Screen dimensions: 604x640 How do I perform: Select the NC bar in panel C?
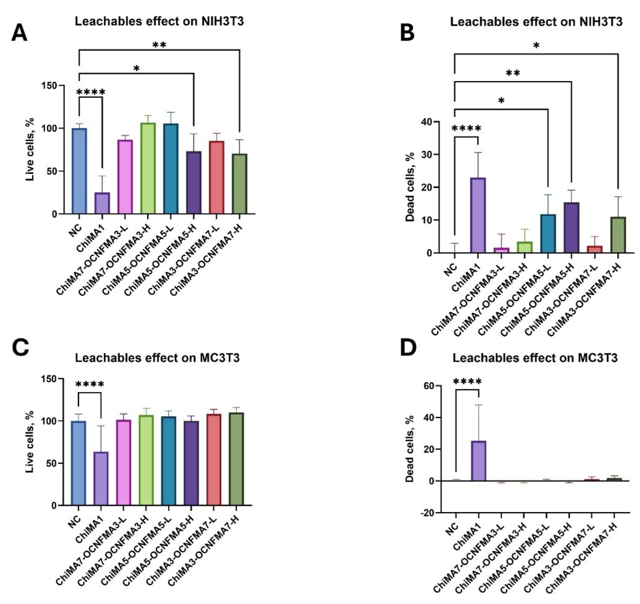(x=78, y=464)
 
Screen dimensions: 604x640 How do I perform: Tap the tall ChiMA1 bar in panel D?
(x=479, y=461)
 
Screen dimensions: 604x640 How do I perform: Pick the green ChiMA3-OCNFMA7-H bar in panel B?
(x=618, y=235)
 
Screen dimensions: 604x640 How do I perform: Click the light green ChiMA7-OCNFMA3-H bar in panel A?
(x=148, y=168)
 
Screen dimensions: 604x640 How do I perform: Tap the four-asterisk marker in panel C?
(x=90, y=385)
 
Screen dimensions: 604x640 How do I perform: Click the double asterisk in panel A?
(x=159, y=45)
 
